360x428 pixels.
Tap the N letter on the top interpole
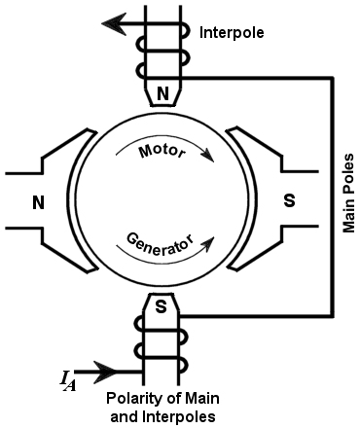[162, 94]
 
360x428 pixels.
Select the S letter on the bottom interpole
[162, 306]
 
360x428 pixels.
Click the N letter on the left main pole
[39, 203]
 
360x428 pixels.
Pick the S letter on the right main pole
[288, 203]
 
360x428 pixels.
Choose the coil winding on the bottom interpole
[162, 354]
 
